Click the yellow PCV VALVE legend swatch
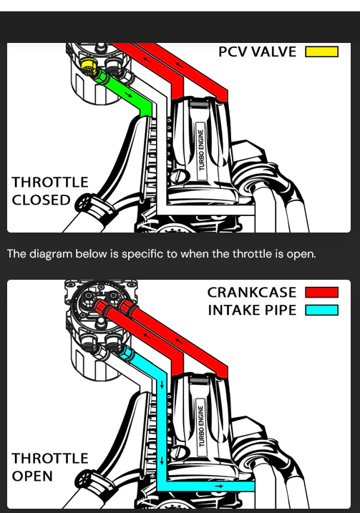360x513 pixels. pos(321,52)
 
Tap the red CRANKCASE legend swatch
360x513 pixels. pos(321,292)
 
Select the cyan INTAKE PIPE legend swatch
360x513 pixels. pos(321,310)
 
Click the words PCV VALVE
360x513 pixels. pos(257,52)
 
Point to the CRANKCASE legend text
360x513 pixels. pos(252,292)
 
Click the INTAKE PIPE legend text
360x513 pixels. pos(252,310)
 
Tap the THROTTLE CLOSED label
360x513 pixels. pos(50,191)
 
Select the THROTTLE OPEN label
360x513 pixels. pos(50,467)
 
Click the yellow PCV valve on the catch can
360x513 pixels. pos(88,65)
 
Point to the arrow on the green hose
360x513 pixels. pos(128,95)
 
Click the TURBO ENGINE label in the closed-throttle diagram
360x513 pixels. pos(201,150)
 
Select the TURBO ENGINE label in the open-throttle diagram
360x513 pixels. pos(201,426)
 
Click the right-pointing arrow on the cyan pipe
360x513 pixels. pos(219,487)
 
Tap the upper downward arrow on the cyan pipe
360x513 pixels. pos(162,385)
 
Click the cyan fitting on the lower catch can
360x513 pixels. pos(126,354)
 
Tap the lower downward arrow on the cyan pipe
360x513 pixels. pos(162,461)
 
